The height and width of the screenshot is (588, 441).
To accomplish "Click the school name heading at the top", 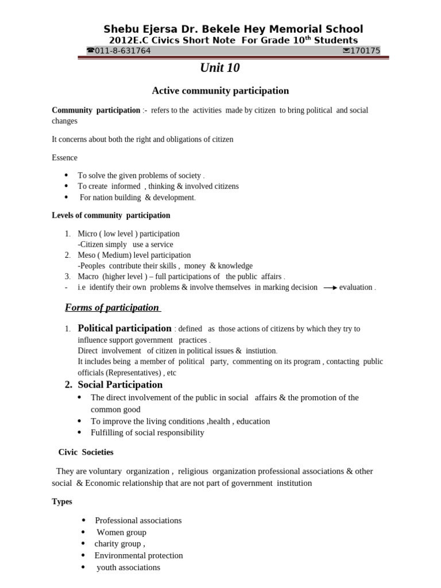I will click(x=233, y=29).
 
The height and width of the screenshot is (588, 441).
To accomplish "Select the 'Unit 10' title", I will click(x=219, y=68).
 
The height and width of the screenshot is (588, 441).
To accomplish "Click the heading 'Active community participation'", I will click(x=220, y=91).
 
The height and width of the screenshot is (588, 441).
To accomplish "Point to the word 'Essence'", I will click(x=64, y=157).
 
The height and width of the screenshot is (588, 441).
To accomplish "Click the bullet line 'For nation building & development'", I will click(x=138, y=198).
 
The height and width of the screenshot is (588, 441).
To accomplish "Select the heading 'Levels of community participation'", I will click(x=111, y=215).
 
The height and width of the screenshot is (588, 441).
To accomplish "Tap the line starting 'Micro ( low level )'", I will click(x=129, y=234).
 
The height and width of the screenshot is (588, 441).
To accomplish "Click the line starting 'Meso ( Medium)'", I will click(x=134, y=255).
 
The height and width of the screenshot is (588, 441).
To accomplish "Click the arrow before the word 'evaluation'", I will click(x=330, y=287).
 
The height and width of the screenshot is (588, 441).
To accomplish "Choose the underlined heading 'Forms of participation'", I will click(x=112, y=307).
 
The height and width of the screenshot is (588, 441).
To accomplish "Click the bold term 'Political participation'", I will click(x=125, y=328).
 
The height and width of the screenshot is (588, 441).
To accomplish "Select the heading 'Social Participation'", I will click(x=120, y=385).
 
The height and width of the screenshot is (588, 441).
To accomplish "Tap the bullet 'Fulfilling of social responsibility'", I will click(x=147, y=432).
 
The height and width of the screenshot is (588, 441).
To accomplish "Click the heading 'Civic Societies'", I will click(x=86, y=452).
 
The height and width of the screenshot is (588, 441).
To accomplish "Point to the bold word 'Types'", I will click(x=62, y=501).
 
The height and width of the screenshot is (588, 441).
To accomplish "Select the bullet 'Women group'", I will click(x=121, y=532).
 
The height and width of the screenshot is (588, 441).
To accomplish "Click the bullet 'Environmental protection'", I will click(x=139, y=555).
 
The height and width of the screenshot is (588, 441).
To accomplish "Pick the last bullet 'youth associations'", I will click(x=129, y=567).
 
